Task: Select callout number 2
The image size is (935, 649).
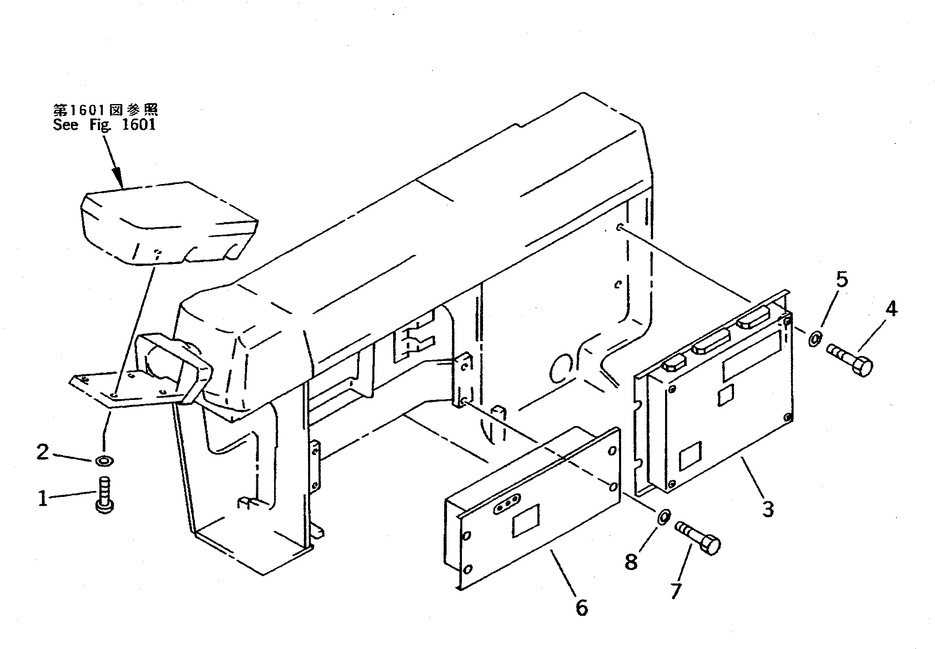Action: [43, 453]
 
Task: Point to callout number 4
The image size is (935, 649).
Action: [891, 309]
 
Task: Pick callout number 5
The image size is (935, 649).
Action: [841, 281]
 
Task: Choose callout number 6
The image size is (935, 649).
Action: [582, 608]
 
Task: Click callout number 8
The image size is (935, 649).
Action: [631, 562]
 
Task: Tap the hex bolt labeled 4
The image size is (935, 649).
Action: [850, 360]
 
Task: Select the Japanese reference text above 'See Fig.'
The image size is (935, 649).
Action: [106, 110]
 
